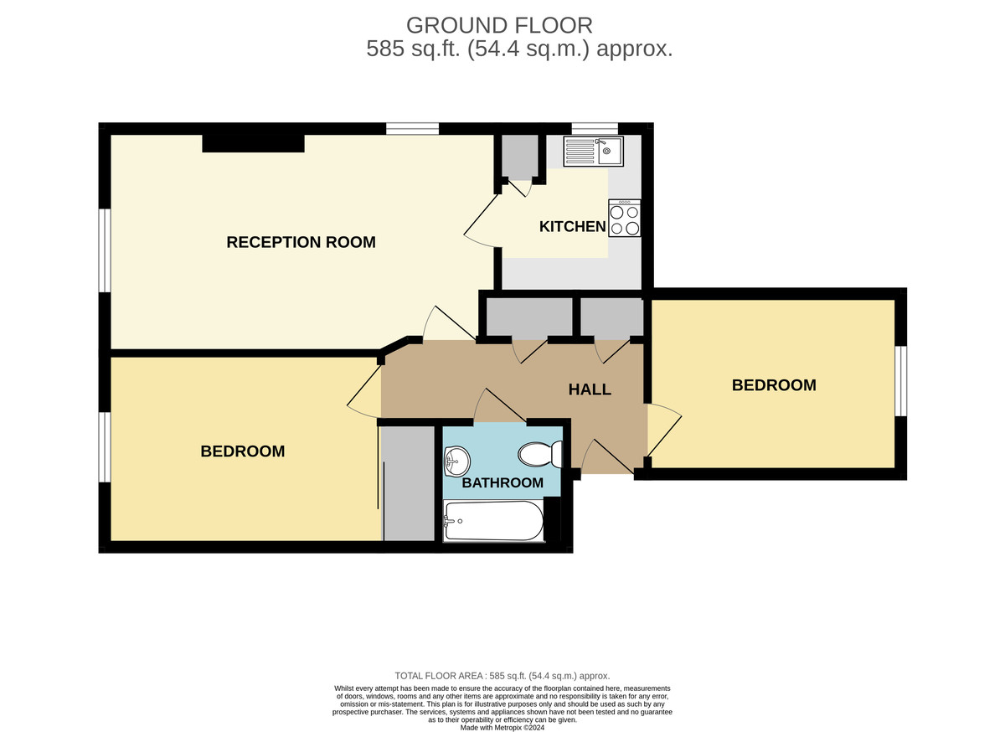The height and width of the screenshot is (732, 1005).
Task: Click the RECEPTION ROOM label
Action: click(x=301, y=243)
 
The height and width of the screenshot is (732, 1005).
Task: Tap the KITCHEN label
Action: click(x=572, y=227)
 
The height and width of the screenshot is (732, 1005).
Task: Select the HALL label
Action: click(x=590, y=389)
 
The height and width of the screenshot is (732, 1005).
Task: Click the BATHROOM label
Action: click(x=502, y=483)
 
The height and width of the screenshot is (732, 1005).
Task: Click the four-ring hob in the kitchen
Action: click(x=625, y=219)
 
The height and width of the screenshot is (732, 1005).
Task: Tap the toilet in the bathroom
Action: click(x=540, y=455)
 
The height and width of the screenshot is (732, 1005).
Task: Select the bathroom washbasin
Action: click(x=456, y=458)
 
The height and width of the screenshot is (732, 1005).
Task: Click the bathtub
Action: click(x=492, y=522)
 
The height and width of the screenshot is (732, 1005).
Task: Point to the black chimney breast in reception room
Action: click(x=253, y=143)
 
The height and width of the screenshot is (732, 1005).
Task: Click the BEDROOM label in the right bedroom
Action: click(x=774, y=385)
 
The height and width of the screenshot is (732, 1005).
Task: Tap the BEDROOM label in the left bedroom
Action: click(x=243, y=451)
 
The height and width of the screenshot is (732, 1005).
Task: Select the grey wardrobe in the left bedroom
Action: click(x=410, y=483)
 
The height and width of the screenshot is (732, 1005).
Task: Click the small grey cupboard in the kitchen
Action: click(x=520, y=156)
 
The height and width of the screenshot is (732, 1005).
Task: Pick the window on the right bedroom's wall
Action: click(x=901, y=380)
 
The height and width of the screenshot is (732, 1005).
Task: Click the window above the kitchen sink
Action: click(x=595, y=128)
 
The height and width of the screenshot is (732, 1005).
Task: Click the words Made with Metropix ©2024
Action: click(x=502, y=727)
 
